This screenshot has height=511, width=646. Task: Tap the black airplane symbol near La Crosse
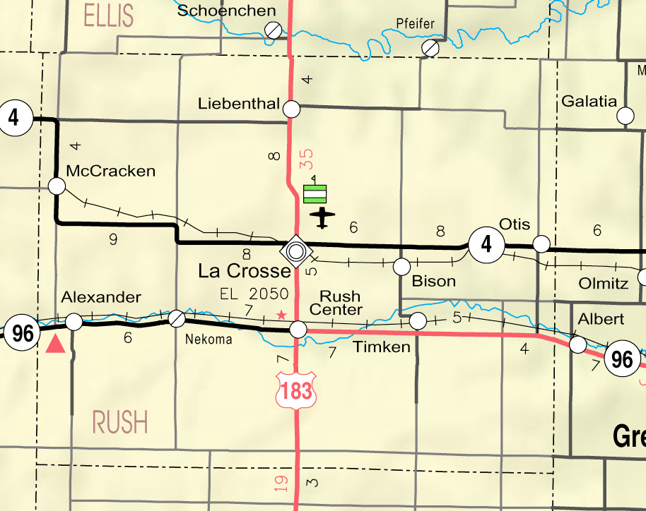[x=322, y=217]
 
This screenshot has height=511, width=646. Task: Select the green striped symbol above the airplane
[x=315, y=193]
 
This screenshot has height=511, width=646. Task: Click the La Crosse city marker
[x=295, y=249]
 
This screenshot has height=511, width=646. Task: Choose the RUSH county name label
[x=120, y=423]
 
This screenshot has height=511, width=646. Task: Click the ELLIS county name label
[x=107, y=15]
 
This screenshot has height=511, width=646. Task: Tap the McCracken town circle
[x=57, y=186]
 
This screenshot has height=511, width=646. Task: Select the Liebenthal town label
[x=239, y=104]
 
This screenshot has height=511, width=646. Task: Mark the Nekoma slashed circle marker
[x=177, y=318]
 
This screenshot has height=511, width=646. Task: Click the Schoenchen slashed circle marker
[x=273, y=30]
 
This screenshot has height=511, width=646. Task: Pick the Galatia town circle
[x=626, y=116]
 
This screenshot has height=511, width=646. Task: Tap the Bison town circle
[x=401, y=266]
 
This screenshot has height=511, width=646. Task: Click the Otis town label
[x=514, y=224]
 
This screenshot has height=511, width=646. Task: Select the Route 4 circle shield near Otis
[x=486, y=245]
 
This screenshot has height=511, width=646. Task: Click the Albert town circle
[x=578, y=344]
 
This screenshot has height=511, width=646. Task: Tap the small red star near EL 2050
[x=281, y=315]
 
